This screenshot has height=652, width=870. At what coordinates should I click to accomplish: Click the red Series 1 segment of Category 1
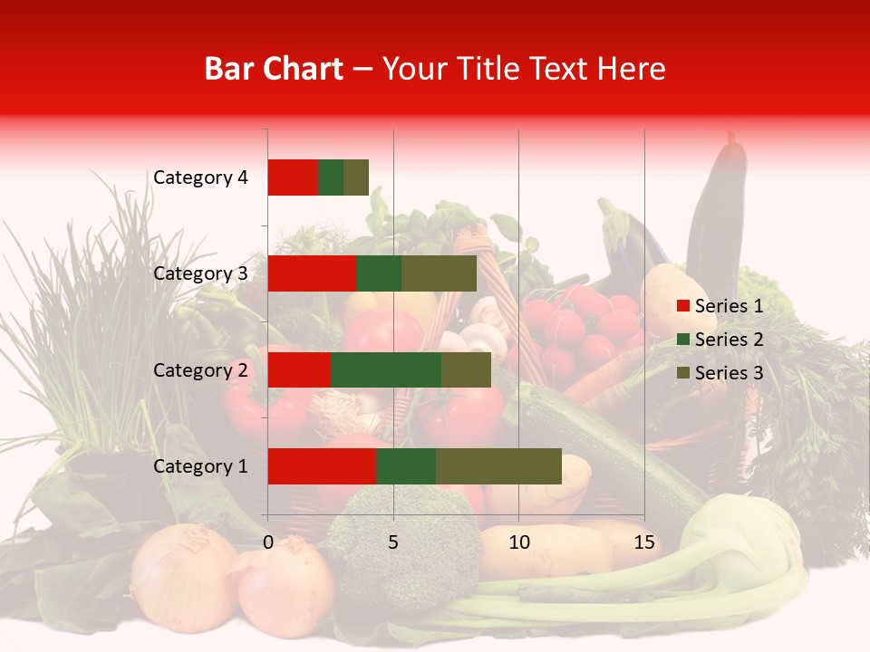pos(322,466)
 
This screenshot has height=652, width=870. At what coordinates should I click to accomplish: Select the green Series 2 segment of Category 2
pos(386,369)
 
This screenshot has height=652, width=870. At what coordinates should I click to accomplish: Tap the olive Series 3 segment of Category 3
pos(439,273)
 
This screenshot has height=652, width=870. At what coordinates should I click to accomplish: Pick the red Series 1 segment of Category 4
pos(293,177)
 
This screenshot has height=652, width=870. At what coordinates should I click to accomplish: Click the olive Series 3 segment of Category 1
pos(498,466)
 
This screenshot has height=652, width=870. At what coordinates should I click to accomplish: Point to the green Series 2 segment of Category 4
pos(331,177)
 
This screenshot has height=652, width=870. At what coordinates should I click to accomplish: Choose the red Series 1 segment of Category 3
pos(312,273)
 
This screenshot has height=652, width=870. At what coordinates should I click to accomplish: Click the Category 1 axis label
pos(200,466)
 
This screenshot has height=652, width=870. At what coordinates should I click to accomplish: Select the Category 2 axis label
pos(200,369)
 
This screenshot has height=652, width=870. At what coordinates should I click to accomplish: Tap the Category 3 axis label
pos(200,273)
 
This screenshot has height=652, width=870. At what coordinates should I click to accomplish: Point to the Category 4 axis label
pos(200,177)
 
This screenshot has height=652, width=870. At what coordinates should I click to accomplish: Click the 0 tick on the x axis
pos(268,542)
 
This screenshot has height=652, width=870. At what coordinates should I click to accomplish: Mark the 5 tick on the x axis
pos(393,542)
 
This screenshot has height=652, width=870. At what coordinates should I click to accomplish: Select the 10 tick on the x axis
pos(518,542)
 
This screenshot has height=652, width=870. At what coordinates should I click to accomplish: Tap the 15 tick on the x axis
pos(643,542)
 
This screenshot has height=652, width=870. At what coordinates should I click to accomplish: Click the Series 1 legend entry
pos(720,306)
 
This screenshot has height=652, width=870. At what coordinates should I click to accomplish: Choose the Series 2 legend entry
pos(720,340)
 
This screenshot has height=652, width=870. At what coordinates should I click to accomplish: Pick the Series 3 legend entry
pos(720,373)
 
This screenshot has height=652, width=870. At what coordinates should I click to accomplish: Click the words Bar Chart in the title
pos(274,69)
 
